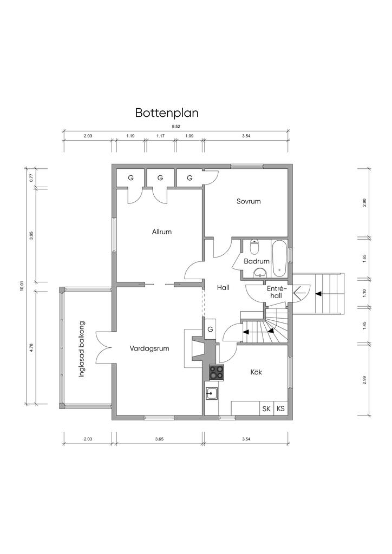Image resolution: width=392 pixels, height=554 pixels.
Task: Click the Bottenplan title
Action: pyautogui.click(x=167, y=113)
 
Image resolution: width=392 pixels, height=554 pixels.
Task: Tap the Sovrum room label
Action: pyautogui.click(x=249, y=201)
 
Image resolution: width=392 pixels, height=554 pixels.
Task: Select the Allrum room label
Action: pyautogui.click(x=162, y=232)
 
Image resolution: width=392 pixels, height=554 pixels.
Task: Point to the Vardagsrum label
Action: pyautogui.click(x=149, y=349)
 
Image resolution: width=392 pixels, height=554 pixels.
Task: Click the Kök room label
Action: pyautogui.click(x=256, y=372)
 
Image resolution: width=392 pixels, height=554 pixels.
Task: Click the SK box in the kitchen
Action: pyautogui.click(x=266, y=408)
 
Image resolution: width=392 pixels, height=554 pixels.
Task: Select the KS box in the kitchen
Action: pyautogui.click(x=280, y=408)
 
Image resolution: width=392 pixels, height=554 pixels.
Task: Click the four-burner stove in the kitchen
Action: pyautogui.click(x=217, y=372)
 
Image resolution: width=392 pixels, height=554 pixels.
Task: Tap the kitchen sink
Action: pyautogui.click(x=211, y=393)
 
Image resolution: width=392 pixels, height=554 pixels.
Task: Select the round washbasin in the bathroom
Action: pyautogui.click(x=262, y=272)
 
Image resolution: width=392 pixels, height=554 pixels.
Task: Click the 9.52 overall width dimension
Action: pyautogui.click(x=175, y=126)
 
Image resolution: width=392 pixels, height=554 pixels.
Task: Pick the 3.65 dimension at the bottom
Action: pyautogui.click(x=159, y=439)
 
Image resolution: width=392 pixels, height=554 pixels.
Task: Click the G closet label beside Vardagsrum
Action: pyautogui.click(x=210, y=329)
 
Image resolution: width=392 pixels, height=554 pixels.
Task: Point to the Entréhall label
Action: pyautogui.click(x=275, y=292)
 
